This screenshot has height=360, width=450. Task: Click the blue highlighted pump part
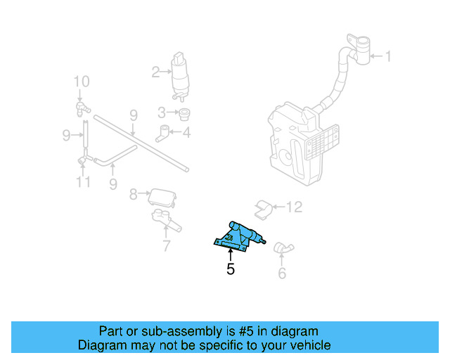pos(241,236)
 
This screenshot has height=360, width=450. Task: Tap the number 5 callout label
pos(231,269)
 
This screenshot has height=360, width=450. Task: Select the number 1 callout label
pos(388,56)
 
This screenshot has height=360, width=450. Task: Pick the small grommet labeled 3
pos(185,114)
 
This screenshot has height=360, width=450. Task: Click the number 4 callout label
pos(186,131)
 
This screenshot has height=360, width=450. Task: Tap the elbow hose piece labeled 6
pos(284,247)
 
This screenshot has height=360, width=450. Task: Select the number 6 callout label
pos(282,273)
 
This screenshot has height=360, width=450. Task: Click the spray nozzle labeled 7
pos(166,220)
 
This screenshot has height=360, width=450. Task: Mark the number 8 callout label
pos(133,193)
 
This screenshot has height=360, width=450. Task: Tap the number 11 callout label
pos(83,183)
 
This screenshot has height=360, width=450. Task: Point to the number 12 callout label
pos(294,207)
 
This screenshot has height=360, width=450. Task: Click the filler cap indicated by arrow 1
pos(359,48)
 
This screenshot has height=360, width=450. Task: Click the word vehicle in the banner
pos(307,345)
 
